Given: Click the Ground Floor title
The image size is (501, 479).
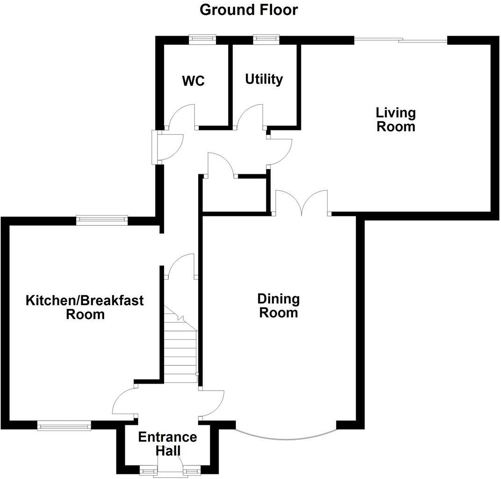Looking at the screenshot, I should click(249, 10).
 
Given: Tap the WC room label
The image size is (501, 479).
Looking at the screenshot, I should click(193, 81).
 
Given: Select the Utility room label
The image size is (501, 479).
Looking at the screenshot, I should click(264, 79).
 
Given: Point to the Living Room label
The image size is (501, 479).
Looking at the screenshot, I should click(396, 120).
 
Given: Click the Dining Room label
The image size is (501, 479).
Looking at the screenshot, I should click(279, 306).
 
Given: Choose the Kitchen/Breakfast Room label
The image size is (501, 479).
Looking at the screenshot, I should click(85, 307).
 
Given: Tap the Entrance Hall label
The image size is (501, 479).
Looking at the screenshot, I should click(167, 444).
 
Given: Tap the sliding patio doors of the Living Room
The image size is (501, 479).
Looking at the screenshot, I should click(401, 41).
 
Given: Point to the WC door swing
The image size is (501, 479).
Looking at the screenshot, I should click(182, 116).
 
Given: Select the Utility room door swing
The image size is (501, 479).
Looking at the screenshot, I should click(250, 116).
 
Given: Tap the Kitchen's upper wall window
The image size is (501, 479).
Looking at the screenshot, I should click(102, 220).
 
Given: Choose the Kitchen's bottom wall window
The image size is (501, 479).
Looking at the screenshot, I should click(64, 425).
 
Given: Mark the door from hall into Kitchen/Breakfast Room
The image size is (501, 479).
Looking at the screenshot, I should click(125, 401).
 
